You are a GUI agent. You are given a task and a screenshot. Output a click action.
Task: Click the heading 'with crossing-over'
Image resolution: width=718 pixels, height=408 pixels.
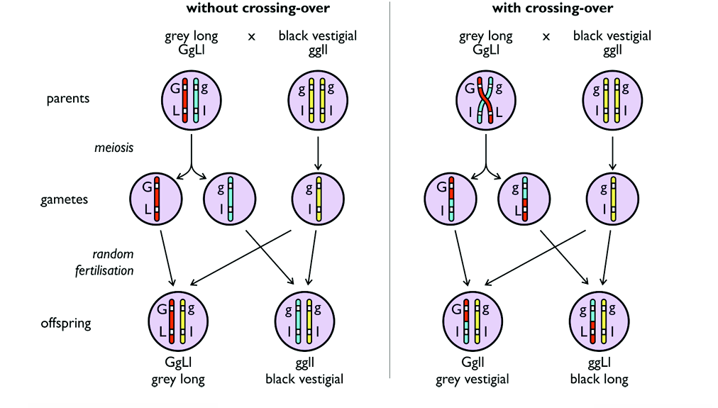point(553,9)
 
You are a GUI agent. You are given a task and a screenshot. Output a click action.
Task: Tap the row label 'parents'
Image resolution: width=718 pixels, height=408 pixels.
point(68,99)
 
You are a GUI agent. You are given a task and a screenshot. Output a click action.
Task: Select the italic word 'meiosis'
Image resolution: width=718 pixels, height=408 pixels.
point(114,148)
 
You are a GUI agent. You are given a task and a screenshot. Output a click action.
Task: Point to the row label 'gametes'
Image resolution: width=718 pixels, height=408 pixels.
point(65,199)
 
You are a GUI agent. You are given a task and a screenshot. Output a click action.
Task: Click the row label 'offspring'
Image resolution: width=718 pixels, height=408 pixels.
point(67,323)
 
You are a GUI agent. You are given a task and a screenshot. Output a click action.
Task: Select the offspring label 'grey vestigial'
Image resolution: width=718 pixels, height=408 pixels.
point(472,379)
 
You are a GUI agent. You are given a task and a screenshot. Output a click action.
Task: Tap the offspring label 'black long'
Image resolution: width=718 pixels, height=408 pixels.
point(599,379)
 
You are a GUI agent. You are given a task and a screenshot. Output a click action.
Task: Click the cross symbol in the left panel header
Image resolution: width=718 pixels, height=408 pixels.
point(251,35)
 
